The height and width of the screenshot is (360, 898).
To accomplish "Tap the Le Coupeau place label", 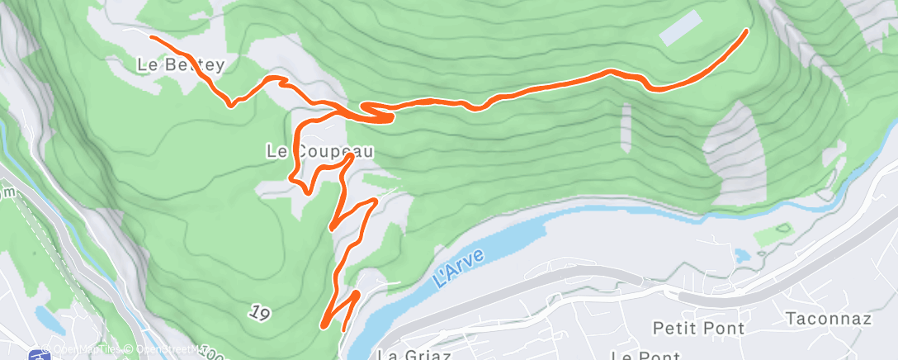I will (319, 151).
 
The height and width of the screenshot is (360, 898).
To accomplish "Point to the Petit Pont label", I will (698, 328).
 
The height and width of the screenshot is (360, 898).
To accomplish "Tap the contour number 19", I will (259, 313).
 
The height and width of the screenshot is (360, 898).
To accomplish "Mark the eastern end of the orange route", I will (746, 31).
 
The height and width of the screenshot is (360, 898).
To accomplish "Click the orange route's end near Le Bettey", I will (150, 36).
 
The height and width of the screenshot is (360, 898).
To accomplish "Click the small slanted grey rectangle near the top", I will (682, 28).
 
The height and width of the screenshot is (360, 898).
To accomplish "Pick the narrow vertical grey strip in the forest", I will (626, 129).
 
